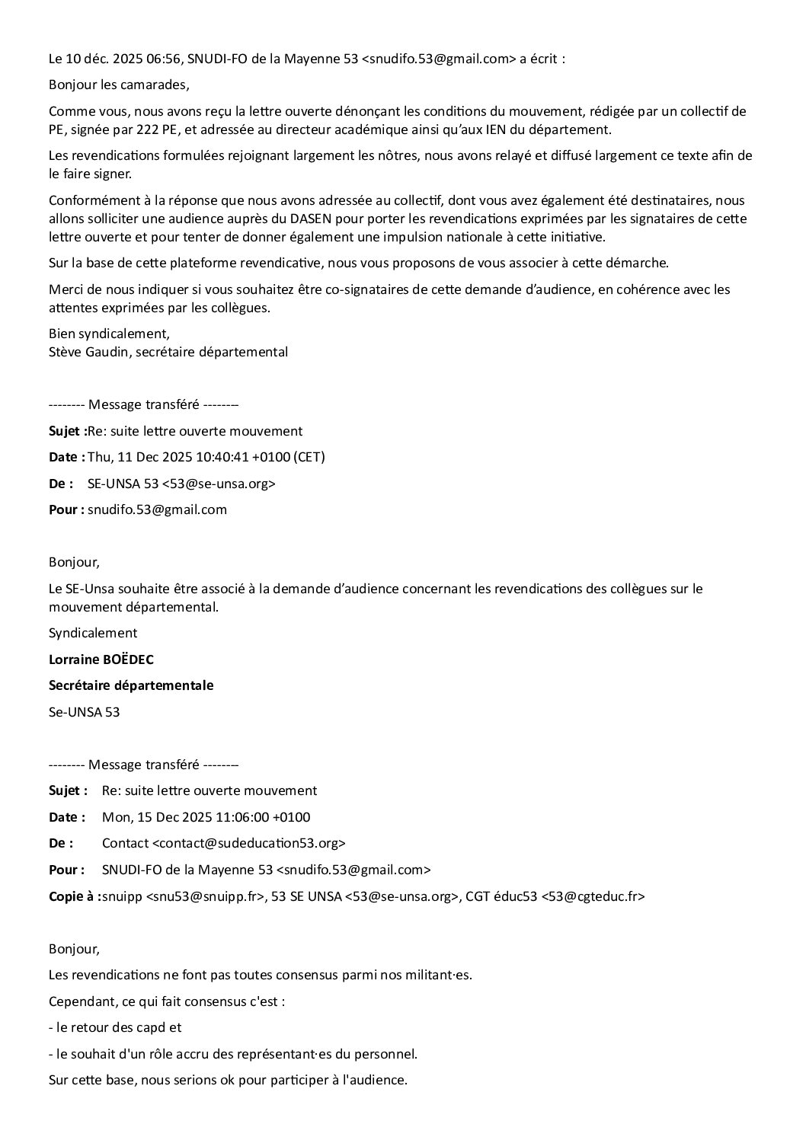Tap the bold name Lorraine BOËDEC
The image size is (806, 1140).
click(x=95, y=659)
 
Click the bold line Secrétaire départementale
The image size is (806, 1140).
click(x=131, y=685)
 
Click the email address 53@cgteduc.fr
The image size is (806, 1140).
click(x=593, y=896)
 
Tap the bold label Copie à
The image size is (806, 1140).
click(x=74, y=896)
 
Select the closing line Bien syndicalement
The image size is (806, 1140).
click(x=109, y=334)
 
